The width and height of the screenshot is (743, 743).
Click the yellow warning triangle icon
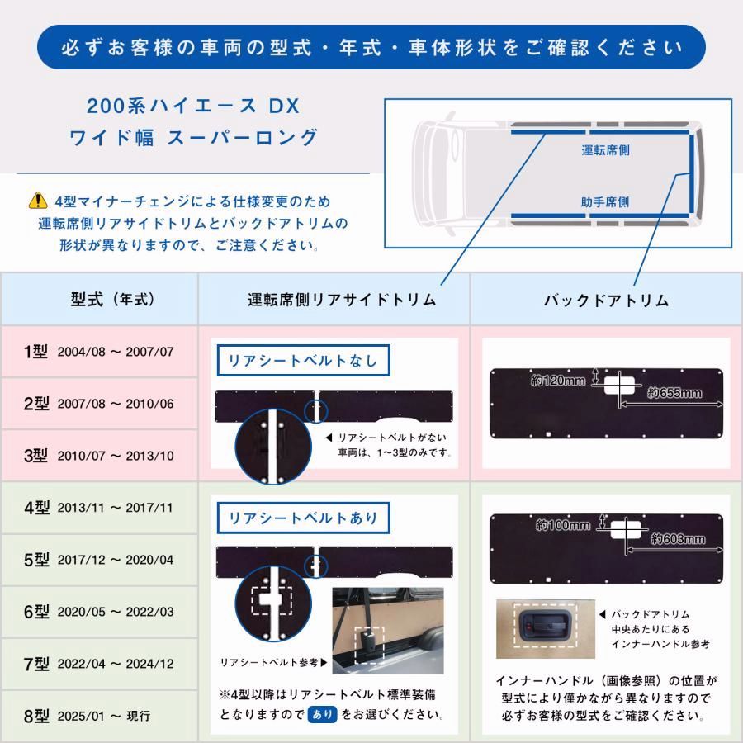38,201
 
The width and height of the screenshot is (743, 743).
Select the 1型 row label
36,351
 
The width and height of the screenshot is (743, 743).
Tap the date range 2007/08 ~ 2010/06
116,404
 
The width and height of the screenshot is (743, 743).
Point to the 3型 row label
36,455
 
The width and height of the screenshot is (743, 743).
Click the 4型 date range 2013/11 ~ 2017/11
116,508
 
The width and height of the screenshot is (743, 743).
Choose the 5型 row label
36,560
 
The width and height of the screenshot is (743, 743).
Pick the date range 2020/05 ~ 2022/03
116,613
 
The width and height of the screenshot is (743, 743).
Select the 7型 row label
36,664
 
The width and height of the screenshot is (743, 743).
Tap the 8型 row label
36,716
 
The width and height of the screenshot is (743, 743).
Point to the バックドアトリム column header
606,300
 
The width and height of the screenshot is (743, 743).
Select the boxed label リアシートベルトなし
302,360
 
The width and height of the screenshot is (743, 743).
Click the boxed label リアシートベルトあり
302,518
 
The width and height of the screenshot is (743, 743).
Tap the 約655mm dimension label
674,393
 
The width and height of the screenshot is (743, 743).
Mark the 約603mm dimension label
678,539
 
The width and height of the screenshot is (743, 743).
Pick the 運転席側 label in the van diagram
606,151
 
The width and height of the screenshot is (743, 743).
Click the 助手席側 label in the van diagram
606,201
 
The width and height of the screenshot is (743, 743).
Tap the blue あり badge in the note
322,713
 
